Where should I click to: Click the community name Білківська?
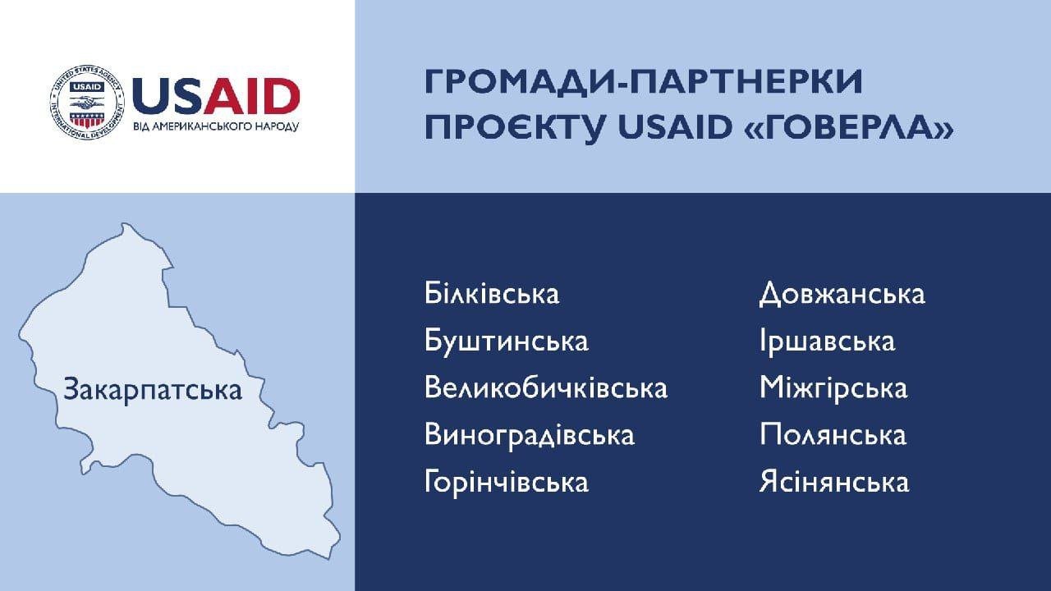(492, 294)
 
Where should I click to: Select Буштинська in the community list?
(507, 341)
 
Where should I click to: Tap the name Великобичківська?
(546, 388)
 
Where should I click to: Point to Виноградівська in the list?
(530, 435)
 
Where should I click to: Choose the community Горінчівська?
(507, 482)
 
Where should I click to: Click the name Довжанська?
(842, 295)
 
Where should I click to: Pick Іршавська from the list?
(827, 341)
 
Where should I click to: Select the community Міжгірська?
(833, 388)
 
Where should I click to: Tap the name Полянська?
(833, 435)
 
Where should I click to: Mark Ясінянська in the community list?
(834, 482)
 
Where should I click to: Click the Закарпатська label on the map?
(153, 390)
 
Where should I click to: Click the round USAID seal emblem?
(87, 103)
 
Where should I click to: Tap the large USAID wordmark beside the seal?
(216, 96)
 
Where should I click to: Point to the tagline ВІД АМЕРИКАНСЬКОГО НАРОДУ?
(216, 127)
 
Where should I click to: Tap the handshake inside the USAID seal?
(87, 102)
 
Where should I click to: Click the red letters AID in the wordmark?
(252, 96)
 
